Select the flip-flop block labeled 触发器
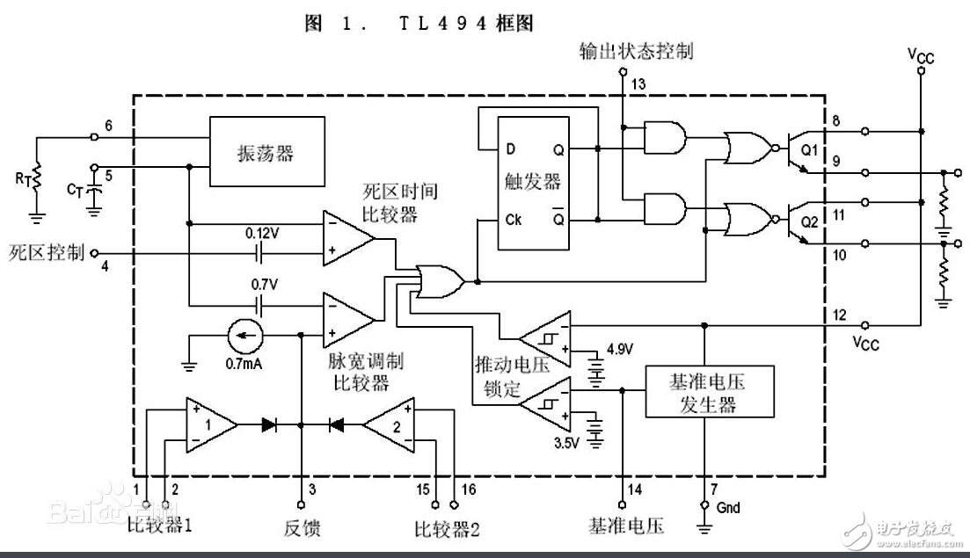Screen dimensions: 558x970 (x=532, y=182)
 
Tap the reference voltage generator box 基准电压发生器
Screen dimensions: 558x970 (x=708, y=391)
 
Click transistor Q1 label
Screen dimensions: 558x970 (x=809, y=150)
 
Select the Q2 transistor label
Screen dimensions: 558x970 (x=809, y=222)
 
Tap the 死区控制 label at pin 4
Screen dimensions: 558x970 (x=47, y=253)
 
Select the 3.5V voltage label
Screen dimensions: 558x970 (x=565, y=443)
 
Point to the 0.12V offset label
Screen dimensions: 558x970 (x=261, y=236)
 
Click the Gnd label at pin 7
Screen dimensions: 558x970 (x=728, y=508)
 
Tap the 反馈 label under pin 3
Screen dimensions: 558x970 (x=301, y=528)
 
